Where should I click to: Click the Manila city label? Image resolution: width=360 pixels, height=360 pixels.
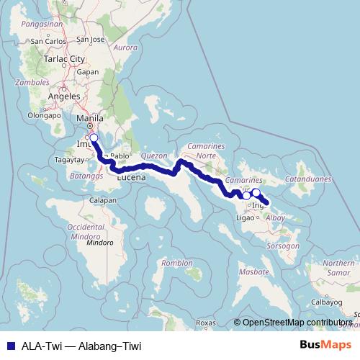pyautogui.click(x=90, y=117)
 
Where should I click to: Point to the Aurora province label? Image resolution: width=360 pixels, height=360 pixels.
pyautogui.click(x=125, y=48)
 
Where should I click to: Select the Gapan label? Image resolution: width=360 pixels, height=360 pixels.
pyautogui.click(x=87, y=72)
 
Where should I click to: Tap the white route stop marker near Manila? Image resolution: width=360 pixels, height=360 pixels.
pyautogui.click(x=93, y=137)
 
